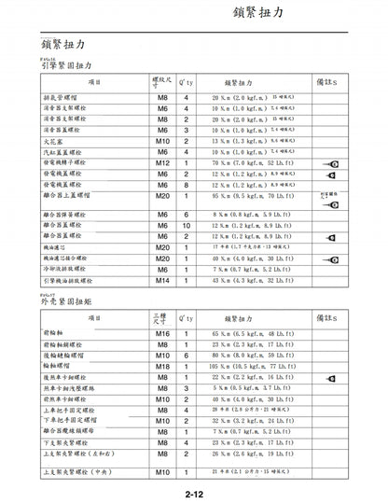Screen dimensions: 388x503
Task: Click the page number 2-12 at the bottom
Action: point(194,492)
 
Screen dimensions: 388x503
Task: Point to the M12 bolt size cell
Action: point(162,162)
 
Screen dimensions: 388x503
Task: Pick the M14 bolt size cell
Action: point(162,280)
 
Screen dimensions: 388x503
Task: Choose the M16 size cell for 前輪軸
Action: point(162,333)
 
